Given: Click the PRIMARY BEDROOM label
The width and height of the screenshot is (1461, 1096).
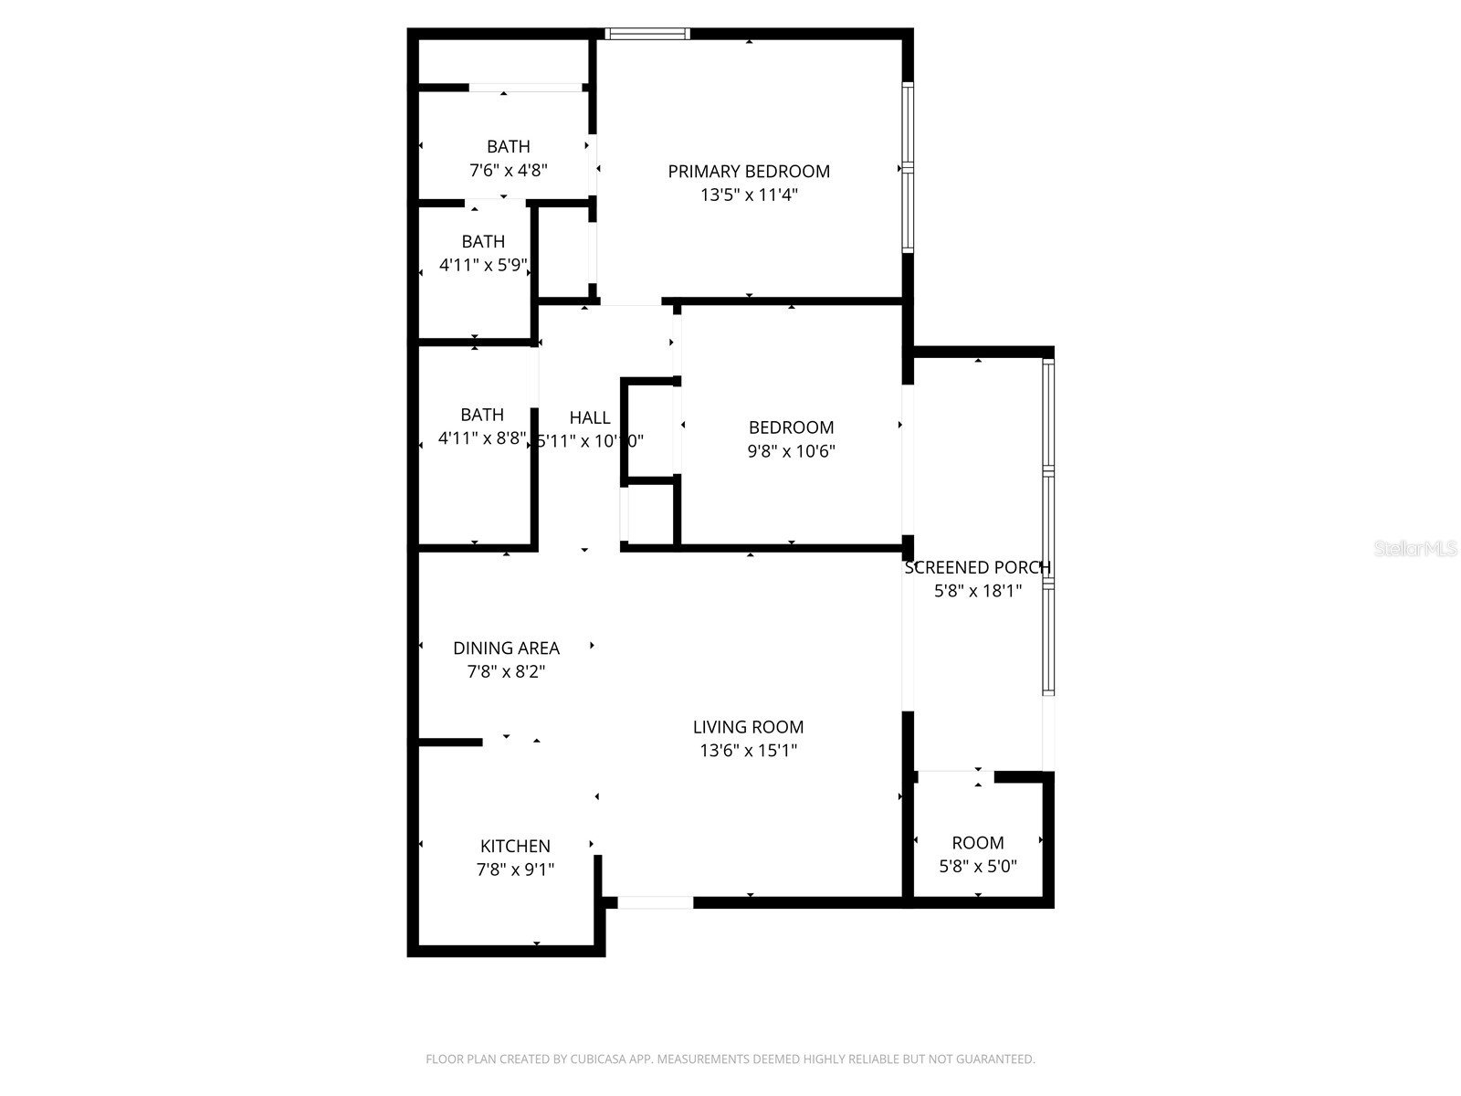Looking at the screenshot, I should (749, 171).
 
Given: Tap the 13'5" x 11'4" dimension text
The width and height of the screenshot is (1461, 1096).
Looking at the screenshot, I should (749, 195).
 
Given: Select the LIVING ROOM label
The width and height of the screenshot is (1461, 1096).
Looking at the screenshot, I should (748, 727).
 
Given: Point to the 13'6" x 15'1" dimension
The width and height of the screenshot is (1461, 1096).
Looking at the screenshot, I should (748, 751).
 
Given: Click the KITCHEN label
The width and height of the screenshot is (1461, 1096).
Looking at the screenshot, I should (515, 846).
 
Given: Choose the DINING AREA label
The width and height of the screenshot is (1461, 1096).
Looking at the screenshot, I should (506, 648).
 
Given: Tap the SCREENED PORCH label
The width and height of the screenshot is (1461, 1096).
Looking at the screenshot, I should (977, 567).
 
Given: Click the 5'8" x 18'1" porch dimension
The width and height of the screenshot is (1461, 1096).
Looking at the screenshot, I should (977, 591).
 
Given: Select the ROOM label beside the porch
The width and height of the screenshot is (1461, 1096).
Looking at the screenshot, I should (977, 842).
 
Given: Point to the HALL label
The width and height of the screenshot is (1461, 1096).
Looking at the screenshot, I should (590, 417).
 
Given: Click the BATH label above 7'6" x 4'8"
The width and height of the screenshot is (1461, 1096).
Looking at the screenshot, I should (508, 146).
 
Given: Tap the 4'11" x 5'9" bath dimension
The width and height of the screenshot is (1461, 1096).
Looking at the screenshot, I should (483, 266).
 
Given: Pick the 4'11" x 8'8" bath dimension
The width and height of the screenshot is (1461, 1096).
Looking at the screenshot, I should (482, 438).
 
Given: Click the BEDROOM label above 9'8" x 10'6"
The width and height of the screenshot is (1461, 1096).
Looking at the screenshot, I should (791, 427).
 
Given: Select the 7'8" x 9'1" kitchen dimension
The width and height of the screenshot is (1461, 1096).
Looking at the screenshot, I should (515, 869).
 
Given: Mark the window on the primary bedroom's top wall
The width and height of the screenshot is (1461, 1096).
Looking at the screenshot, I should (647, 35).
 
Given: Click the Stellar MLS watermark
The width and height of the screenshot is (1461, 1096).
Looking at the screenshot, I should (1415, 549).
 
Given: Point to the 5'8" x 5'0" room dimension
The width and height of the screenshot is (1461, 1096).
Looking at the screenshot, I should (977, 866).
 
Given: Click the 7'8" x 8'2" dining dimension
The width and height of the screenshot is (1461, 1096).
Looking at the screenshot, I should (506, 671).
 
